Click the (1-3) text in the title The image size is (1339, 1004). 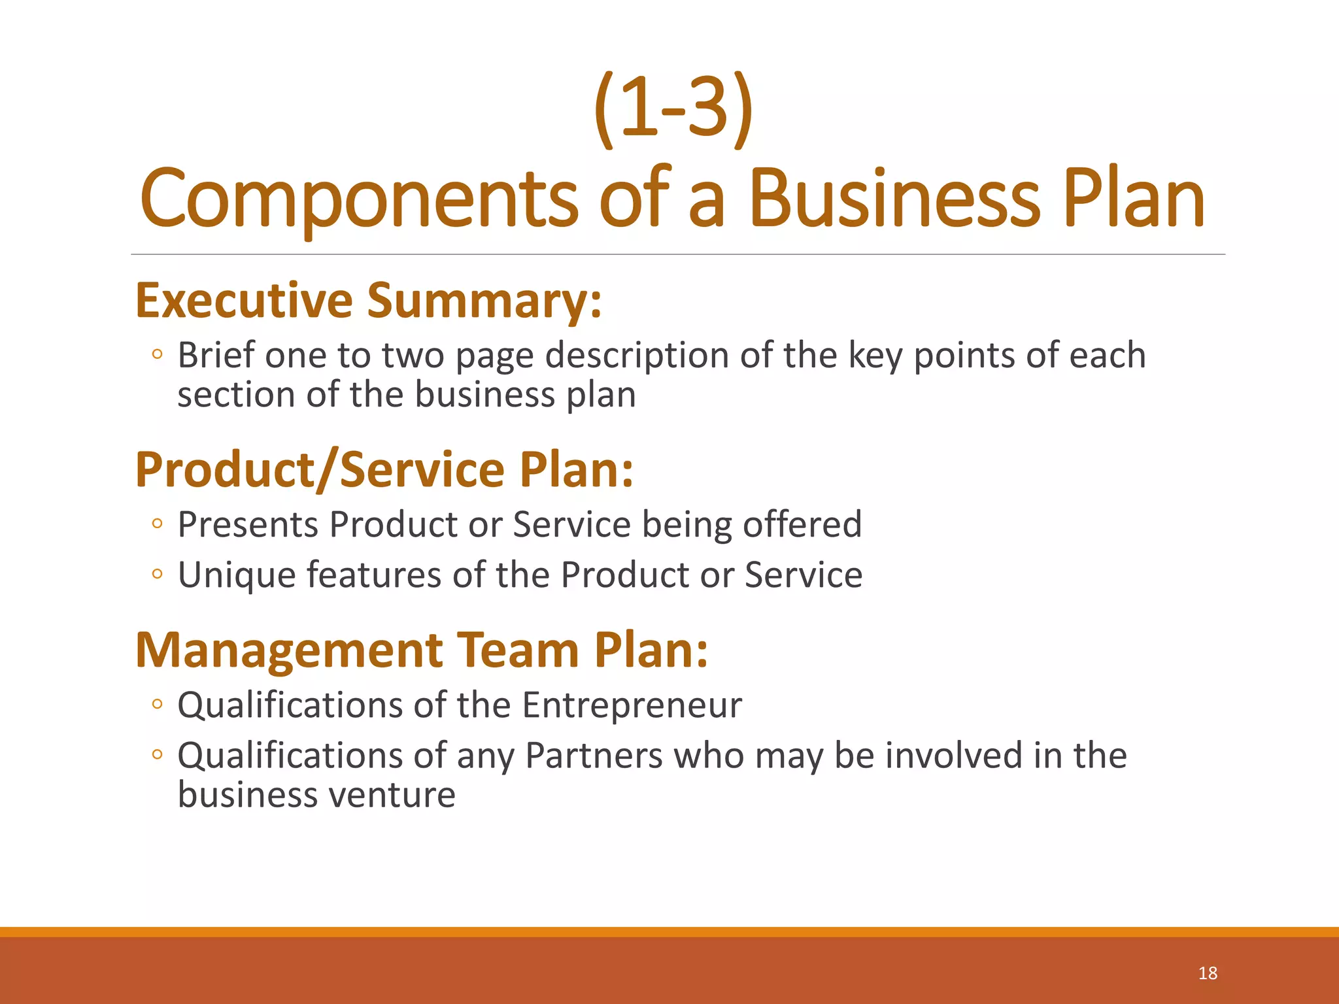pyautogui.click(x=673, y=108)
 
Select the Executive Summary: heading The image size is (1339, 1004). pyautogui.click(x=368, y=301)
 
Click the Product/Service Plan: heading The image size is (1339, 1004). pyautogui.click(x=384, y=470)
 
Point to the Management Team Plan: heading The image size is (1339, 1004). pyautogui.click(x=422, y=650)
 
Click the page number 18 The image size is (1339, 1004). pyautogui.click(x=1207, y=973)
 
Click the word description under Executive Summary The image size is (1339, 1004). pyautogui.click(x=637, y=357)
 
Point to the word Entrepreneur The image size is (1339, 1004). pyautogui.click(x=632, y=706)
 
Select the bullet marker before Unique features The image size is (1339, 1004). pyautogui.click(x=156, y=575)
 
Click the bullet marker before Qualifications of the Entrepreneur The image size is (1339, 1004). pyautogui.click(x=156, y=704)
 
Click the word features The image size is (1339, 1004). pyautogui.click(x=374, y=576)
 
